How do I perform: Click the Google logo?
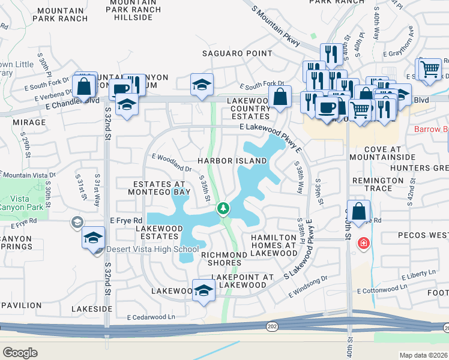(x=20, y=352)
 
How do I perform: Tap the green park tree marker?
(x=223, y=208)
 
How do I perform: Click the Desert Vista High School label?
(x=152, y=250)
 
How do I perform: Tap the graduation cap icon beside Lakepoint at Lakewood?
(x=203, y=290)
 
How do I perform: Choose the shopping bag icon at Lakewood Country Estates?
(x=280, y=96)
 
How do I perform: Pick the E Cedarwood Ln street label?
(x=151, y=317)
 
